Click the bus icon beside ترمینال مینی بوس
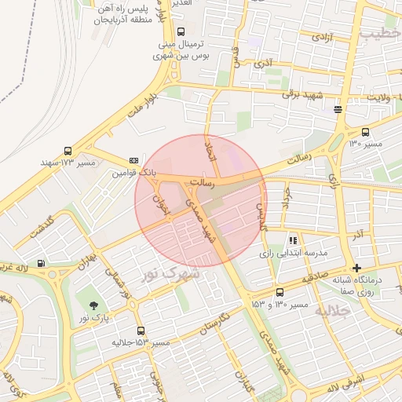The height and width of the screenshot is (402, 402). (x=181, y=32)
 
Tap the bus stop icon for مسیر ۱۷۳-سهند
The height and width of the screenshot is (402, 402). (x=68, y=150)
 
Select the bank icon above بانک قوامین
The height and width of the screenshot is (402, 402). (x=133, y=159)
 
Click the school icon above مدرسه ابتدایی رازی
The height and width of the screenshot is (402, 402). (x=293, y=240)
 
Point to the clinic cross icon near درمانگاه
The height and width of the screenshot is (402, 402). (x=357, y=268)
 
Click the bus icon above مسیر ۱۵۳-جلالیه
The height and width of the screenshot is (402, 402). (x=141, y=331)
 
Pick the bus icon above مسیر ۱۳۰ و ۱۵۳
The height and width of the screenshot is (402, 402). (x=280, y=292)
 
